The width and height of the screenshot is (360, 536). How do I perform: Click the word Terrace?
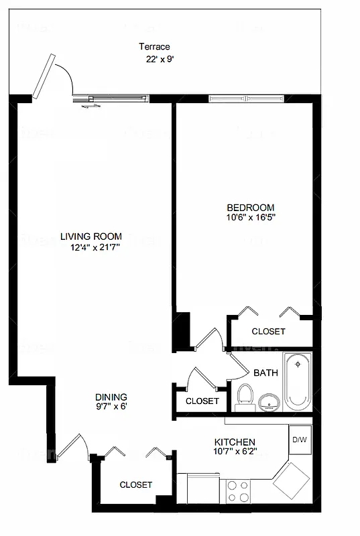click(x=154, y=47)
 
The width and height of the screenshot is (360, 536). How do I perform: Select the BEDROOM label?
click(x=250, y=207)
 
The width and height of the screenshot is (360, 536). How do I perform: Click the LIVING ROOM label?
click(x=91, y=236)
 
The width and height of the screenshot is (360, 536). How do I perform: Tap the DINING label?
click(x=110, y=397)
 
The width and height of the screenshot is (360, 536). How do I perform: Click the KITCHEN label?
click(x=234, y=442)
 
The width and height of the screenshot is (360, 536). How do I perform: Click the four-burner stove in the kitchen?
click(x=237, y=490)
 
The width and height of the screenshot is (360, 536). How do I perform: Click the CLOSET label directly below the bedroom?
click(x=268, y=332)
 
